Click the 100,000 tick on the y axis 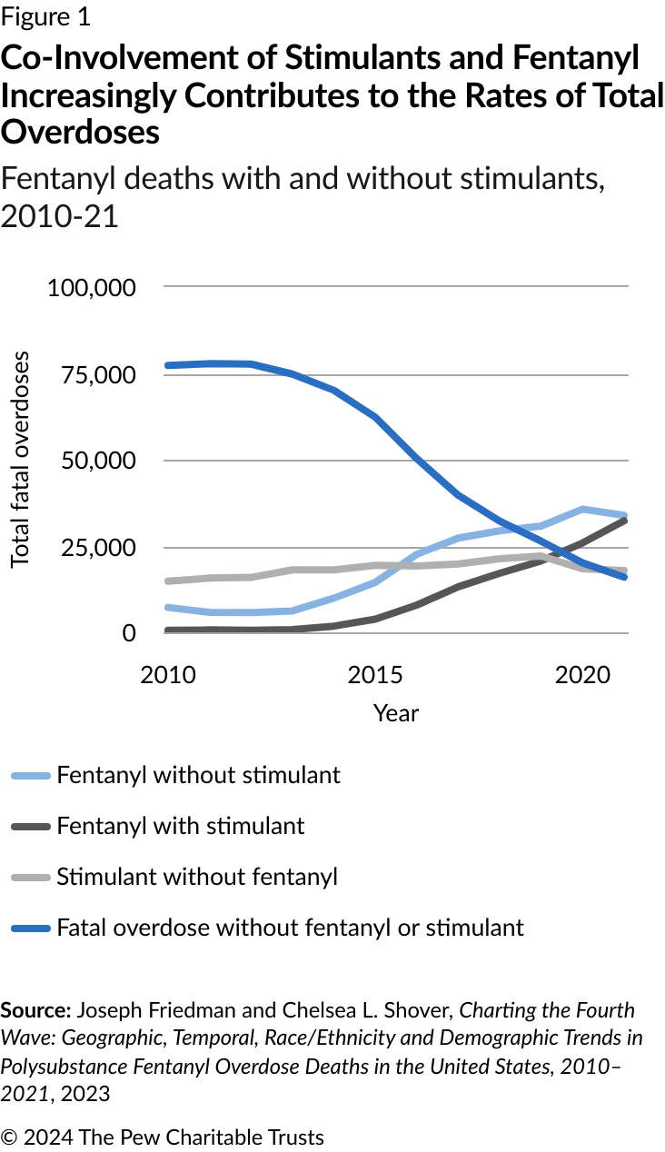coord(91,288)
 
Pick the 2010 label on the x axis coord(168,675)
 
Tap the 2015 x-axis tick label coord(376,675)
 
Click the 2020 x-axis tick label coord(582,675)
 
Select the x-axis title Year coord(396,713)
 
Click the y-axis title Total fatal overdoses coord(21,460)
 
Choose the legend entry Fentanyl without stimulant coord(198,775)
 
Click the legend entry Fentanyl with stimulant coord(180,826)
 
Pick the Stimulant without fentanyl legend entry coord(196,877)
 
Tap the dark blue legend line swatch coord(30,929)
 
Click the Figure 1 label coord(45,16)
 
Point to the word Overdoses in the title coord(81,132)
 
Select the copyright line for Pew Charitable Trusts coord(163,1137)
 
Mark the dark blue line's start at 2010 coord(168,365)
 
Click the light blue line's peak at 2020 coord(582,510)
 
